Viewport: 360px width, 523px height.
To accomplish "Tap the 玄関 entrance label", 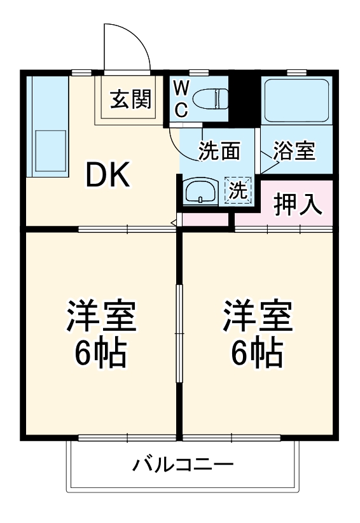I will pyautogui.click(x=130, y=99).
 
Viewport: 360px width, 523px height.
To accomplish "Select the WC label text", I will pyautogui.click(x=181, y=99).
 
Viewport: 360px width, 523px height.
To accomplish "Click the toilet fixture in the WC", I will pyautogui.click(x=211, y=99).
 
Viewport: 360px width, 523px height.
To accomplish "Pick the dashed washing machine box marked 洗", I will pyautogui.click(x=238, y=190).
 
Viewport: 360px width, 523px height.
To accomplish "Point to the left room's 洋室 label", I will pyautogui.click(x=102, y=316).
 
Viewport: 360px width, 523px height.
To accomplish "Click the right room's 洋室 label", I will pyautogui.click(x=257, y=316).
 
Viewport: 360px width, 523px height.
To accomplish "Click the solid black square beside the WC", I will pyautogui.click(x=245, y=99).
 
